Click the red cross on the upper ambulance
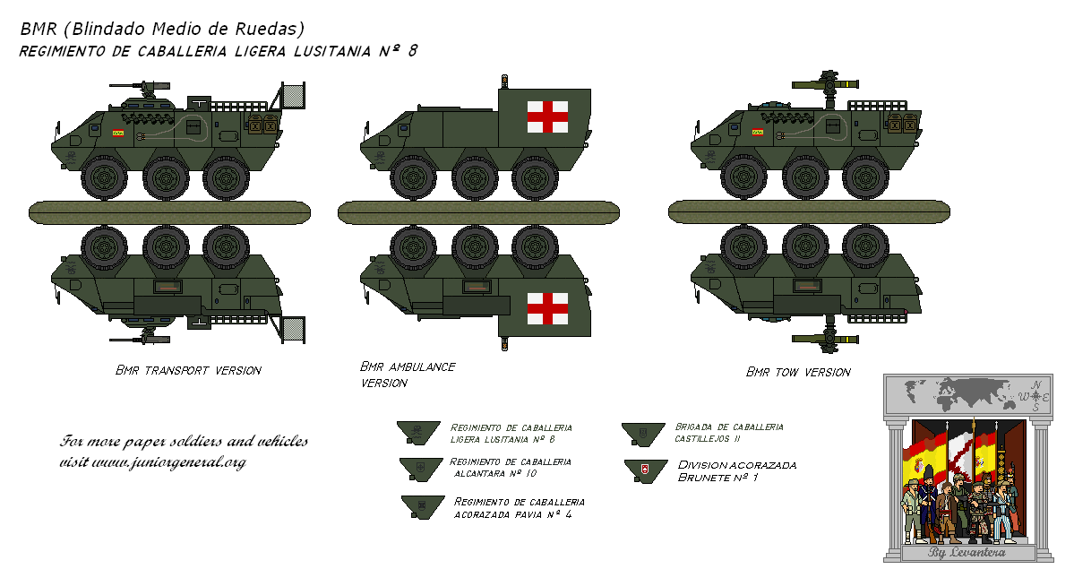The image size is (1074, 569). tap(547, 116)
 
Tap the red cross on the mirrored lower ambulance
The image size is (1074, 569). tap(547, 308)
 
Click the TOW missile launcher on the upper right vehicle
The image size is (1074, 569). tap(826, 85)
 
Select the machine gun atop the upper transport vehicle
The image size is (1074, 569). tap(141, 86)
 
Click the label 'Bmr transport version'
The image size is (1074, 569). tap(188, 370)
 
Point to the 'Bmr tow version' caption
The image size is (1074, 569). tap(798, 372)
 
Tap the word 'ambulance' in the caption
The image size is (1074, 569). tap(423, 366)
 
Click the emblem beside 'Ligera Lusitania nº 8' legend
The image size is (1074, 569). tap(417, 431)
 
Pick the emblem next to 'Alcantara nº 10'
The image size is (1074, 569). tap(417, 467)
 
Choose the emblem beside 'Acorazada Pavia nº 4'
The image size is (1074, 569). tap(421, 506)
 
